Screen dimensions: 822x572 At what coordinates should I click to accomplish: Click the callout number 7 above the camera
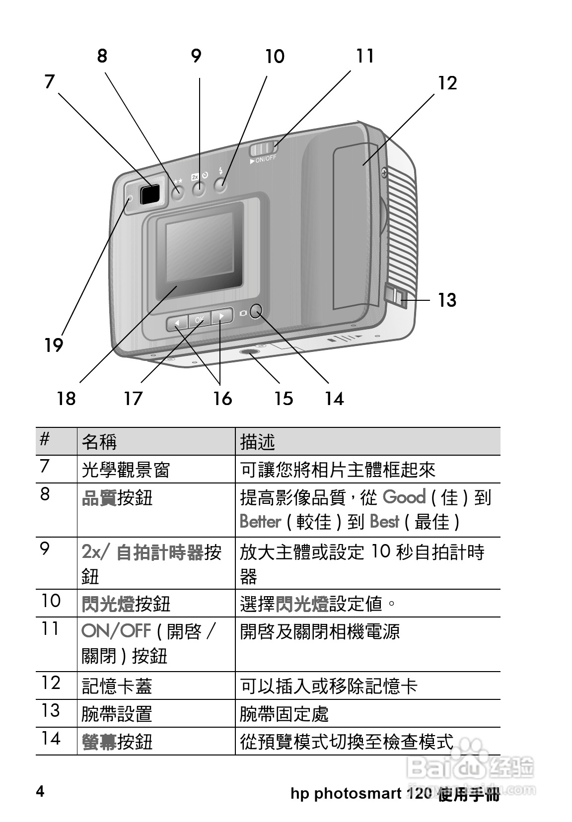tap(49, 81)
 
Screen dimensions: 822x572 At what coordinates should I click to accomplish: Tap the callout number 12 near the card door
tap(447, 83)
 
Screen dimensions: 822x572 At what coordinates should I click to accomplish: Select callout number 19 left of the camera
tap(53, 344)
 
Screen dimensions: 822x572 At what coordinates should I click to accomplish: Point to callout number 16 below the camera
tap(222, 398)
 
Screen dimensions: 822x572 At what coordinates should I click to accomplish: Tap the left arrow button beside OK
tap(176, 323)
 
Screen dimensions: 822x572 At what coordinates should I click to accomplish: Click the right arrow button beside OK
tap(222, 315)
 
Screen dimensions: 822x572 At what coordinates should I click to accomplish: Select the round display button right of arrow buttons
tap(256, 312)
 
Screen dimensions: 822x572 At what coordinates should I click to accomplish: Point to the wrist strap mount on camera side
tap(396, 297)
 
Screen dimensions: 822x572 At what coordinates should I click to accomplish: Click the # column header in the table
tap(45, 440)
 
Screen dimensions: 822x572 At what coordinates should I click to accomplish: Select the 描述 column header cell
tap(257, 441)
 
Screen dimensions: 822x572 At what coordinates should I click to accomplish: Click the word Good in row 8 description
tap(404, 497)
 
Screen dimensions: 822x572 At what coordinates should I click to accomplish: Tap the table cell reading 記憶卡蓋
tap(117, 686)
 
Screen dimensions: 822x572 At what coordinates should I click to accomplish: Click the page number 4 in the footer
tap(40, 791)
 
